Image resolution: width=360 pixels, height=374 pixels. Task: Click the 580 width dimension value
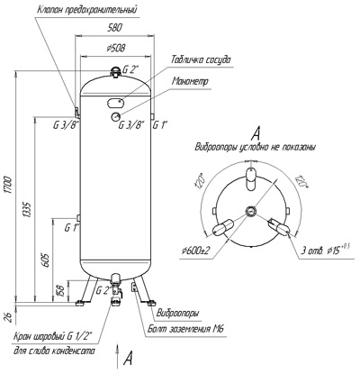click(114, 28)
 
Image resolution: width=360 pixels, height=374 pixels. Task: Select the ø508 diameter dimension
click(115, 48)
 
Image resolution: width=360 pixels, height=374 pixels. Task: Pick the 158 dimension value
click(61, 291)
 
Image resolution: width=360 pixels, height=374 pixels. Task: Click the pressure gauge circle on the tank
click(115, 116)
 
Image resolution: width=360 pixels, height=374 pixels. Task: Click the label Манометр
click(190, 81)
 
